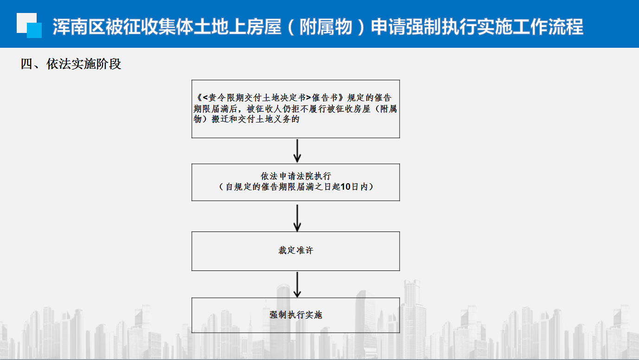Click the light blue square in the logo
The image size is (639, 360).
tap(34, 30)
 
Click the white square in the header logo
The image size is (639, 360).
tap(25, 21)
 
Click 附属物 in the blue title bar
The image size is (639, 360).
tap(326, 27)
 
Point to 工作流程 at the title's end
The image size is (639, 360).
tap(548, 27)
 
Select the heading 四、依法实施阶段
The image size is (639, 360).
tap(71, 64)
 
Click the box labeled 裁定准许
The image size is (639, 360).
tap(295, 251)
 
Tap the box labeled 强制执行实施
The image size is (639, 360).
tap(295, 315)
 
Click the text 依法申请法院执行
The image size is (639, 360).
tap(295, 176)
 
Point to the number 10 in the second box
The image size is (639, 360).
tap(345, 186)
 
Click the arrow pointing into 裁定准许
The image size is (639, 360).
tap(297, 218)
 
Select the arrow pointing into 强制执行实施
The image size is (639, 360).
tap(297, 285)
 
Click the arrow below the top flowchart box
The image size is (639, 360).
tap(297, 151)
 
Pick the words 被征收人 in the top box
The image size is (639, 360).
tap(264, 109)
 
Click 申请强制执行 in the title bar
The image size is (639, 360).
tap(424, 27)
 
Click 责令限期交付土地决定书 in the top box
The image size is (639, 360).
tap(257, 97)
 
